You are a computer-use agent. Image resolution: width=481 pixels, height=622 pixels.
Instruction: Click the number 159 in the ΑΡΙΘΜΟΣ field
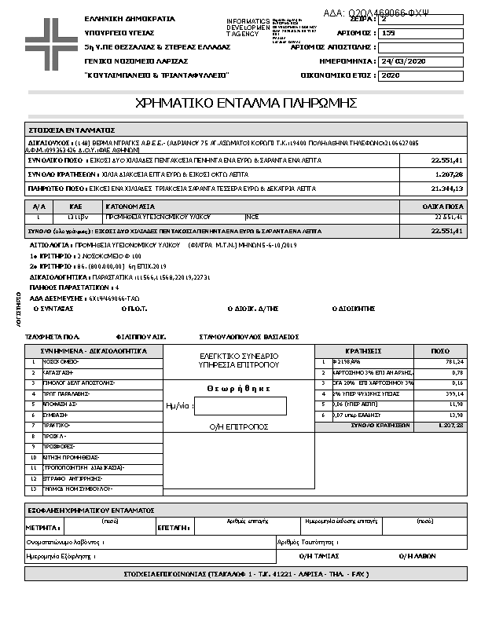pos(388,33)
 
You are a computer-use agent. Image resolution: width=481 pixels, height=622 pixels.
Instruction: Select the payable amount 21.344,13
pos(447,189)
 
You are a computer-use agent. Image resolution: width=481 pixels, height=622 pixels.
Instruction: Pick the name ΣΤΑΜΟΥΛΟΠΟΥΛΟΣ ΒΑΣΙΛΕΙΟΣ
pos(248,336)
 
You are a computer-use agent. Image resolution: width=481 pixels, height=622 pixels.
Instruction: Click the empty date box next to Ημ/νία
pos(240,406)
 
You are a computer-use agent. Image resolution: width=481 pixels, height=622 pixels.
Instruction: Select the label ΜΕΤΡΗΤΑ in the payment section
pos(43,528)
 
